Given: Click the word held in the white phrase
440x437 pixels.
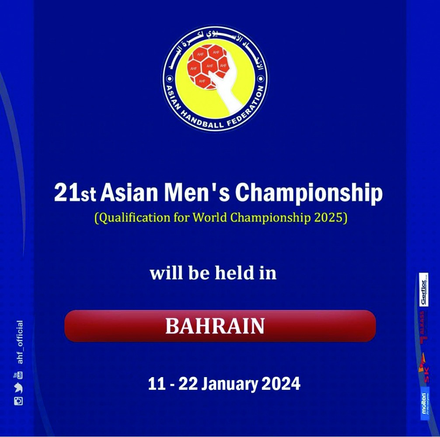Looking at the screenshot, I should [x=234, y=273].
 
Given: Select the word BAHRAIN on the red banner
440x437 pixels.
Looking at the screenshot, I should [x=215, y=326].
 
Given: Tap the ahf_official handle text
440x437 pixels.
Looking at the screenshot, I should [x=19, y=343].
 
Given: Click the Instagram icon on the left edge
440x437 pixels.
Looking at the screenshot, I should [x=18, y=401].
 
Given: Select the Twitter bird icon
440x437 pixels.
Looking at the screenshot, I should [x=18, y=388].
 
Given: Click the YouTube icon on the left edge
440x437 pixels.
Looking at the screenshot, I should [x=19, y=375].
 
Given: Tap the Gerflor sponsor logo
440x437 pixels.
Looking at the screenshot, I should [x=423, y=289].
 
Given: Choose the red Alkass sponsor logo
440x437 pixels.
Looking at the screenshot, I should [x=423, y=332].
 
